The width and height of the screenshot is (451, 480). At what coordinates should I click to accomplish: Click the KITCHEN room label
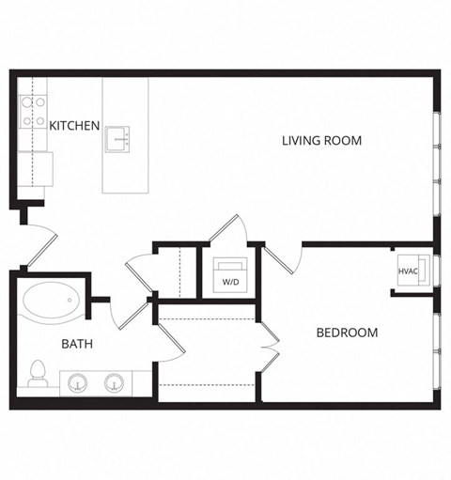tap(74, 125)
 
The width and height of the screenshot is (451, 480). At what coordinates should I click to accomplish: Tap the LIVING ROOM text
tap(321, 141)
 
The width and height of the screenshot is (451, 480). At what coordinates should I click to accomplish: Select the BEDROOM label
tap(347, 333)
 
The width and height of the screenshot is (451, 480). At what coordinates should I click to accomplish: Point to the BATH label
tap(77, 344)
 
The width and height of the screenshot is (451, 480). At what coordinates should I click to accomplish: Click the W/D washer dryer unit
tap(230, 273)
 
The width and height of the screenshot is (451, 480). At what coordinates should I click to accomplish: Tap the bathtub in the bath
tap(49, 301)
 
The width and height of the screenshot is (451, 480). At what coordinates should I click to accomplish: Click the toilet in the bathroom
tap(39, 374)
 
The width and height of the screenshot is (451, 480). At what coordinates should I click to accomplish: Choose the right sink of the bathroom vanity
tap(115, 382)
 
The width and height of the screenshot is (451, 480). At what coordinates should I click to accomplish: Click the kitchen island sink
tap(117, 137)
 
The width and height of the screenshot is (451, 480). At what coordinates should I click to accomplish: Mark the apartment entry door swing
tap(36, 246)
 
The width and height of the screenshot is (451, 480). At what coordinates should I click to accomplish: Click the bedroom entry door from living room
tap(283, 255)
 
